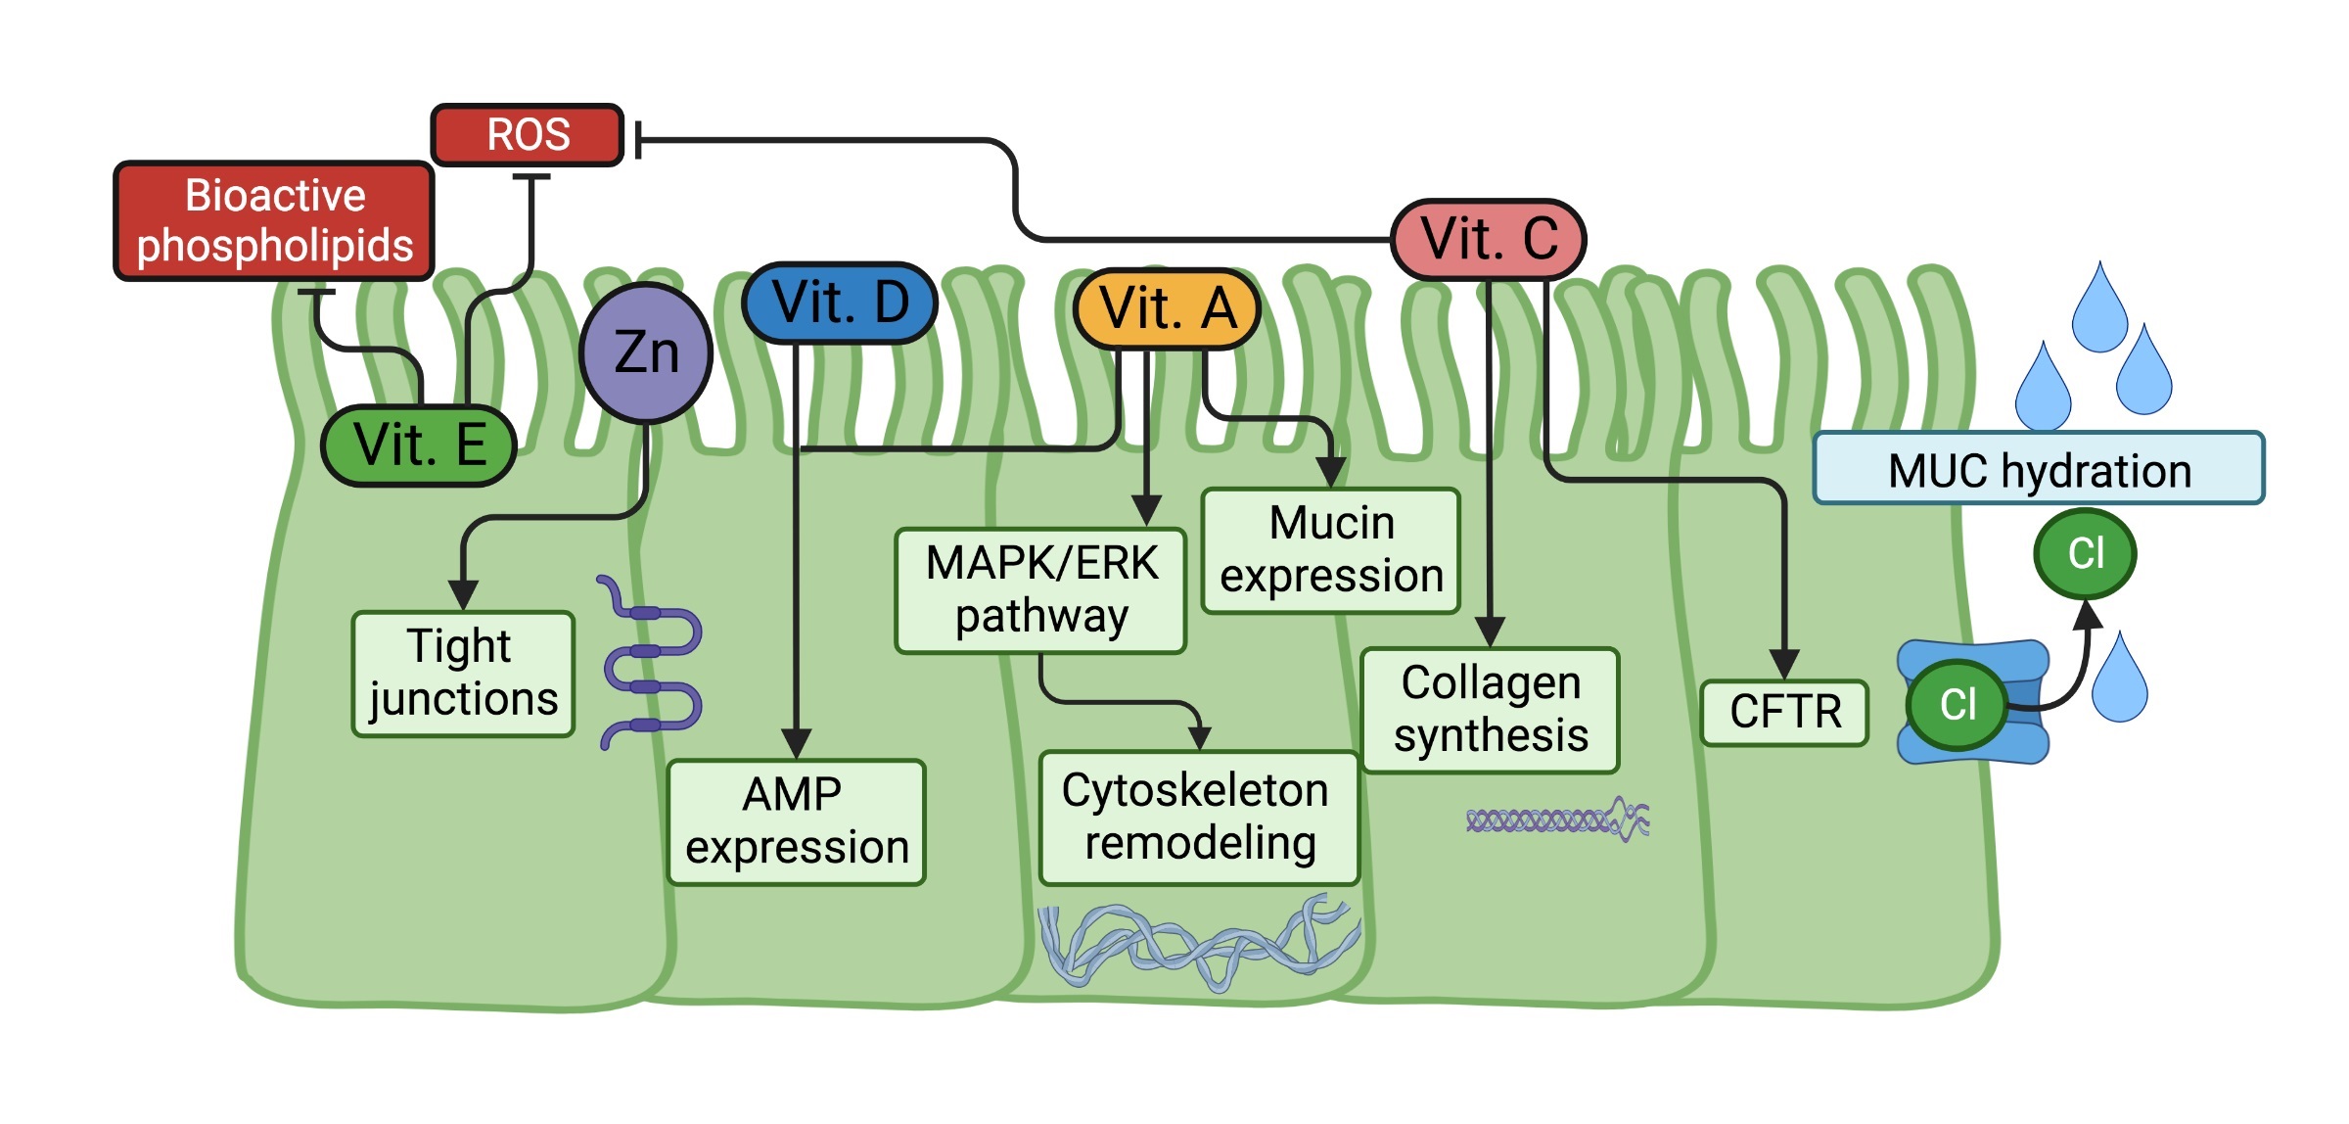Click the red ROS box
[x=528, y=135]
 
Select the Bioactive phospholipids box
[x=274, y=221]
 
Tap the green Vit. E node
[x=419, y=445]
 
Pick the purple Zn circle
[x=646, y=352]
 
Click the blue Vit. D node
[x=840, y=303]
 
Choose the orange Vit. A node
[x=1167, y=309]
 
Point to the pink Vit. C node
[x=1489, y=240]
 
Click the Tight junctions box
[x=463, y=674]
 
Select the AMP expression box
[x=797, y=822]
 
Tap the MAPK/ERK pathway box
[x=1041, y=590]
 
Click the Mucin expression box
[x=1331, y=550]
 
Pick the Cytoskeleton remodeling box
[x=1199, y=818]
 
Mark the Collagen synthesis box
[x=1491, y=710]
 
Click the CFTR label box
[x=1785, y=713]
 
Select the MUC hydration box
[x=2039, y=468]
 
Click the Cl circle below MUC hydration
[x=2085, y=554]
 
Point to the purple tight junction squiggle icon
[x=650, y=662]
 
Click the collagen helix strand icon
[x=1557, y=820]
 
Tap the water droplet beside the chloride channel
[x=2119, y=678]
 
